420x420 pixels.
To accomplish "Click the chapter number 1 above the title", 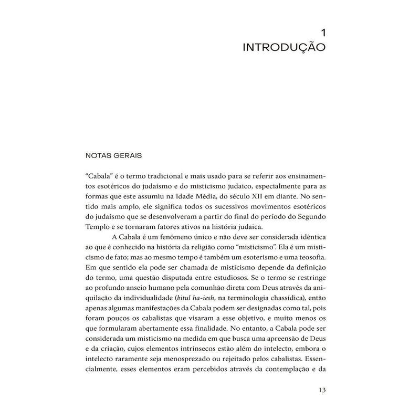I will (323, 33).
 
